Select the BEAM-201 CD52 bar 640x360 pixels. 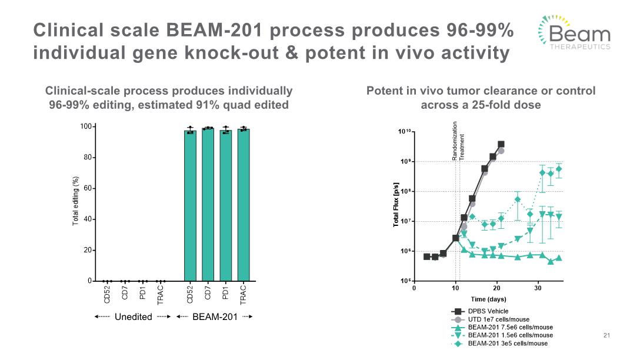click(190, 206)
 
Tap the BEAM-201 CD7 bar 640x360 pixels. click(208, 206)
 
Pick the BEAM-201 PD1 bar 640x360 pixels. click(226, 206)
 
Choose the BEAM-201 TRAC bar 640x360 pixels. click(244, 206)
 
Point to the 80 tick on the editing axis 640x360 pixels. click(86, 158)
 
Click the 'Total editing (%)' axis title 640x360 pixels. click(75, 201)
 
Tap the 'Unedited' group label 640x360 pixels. click(133, 317)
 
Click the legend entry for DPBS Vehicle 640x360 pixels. click(488, 311)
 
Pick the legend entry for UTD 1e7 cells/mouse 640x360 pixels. click(498, 319)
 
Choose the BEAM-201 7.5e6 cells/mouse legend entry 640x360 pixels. click(510, 327)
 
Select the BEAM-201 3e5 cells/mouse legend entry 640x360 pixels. click(508, 344)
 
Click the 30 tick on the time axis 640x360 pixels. click(538, 288)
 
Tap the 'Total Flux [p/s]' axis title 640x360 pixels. click(396, 206)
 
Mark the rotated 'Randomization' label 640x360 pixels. click(455, 141)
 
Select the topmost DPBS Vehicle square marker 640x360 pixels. click(501, 144)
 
